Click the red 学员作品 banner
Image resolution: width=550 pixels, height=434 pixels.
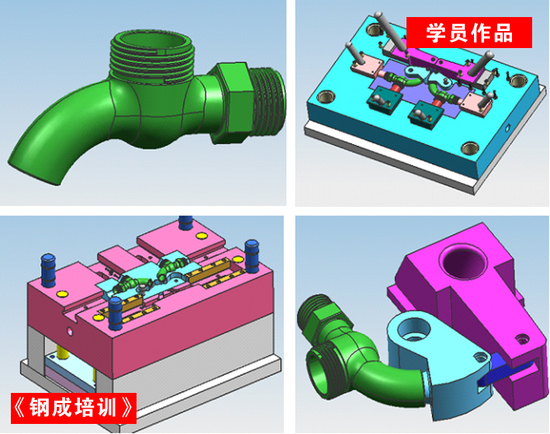[469, 33]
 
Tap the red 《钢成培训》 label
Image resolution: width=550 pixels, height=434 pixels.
[74, 408]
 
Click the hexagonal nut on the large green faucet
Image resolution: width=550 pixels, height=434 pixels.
[232, 103]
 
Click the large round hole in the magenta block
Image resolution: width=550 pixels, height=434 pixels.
[463, 261]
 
